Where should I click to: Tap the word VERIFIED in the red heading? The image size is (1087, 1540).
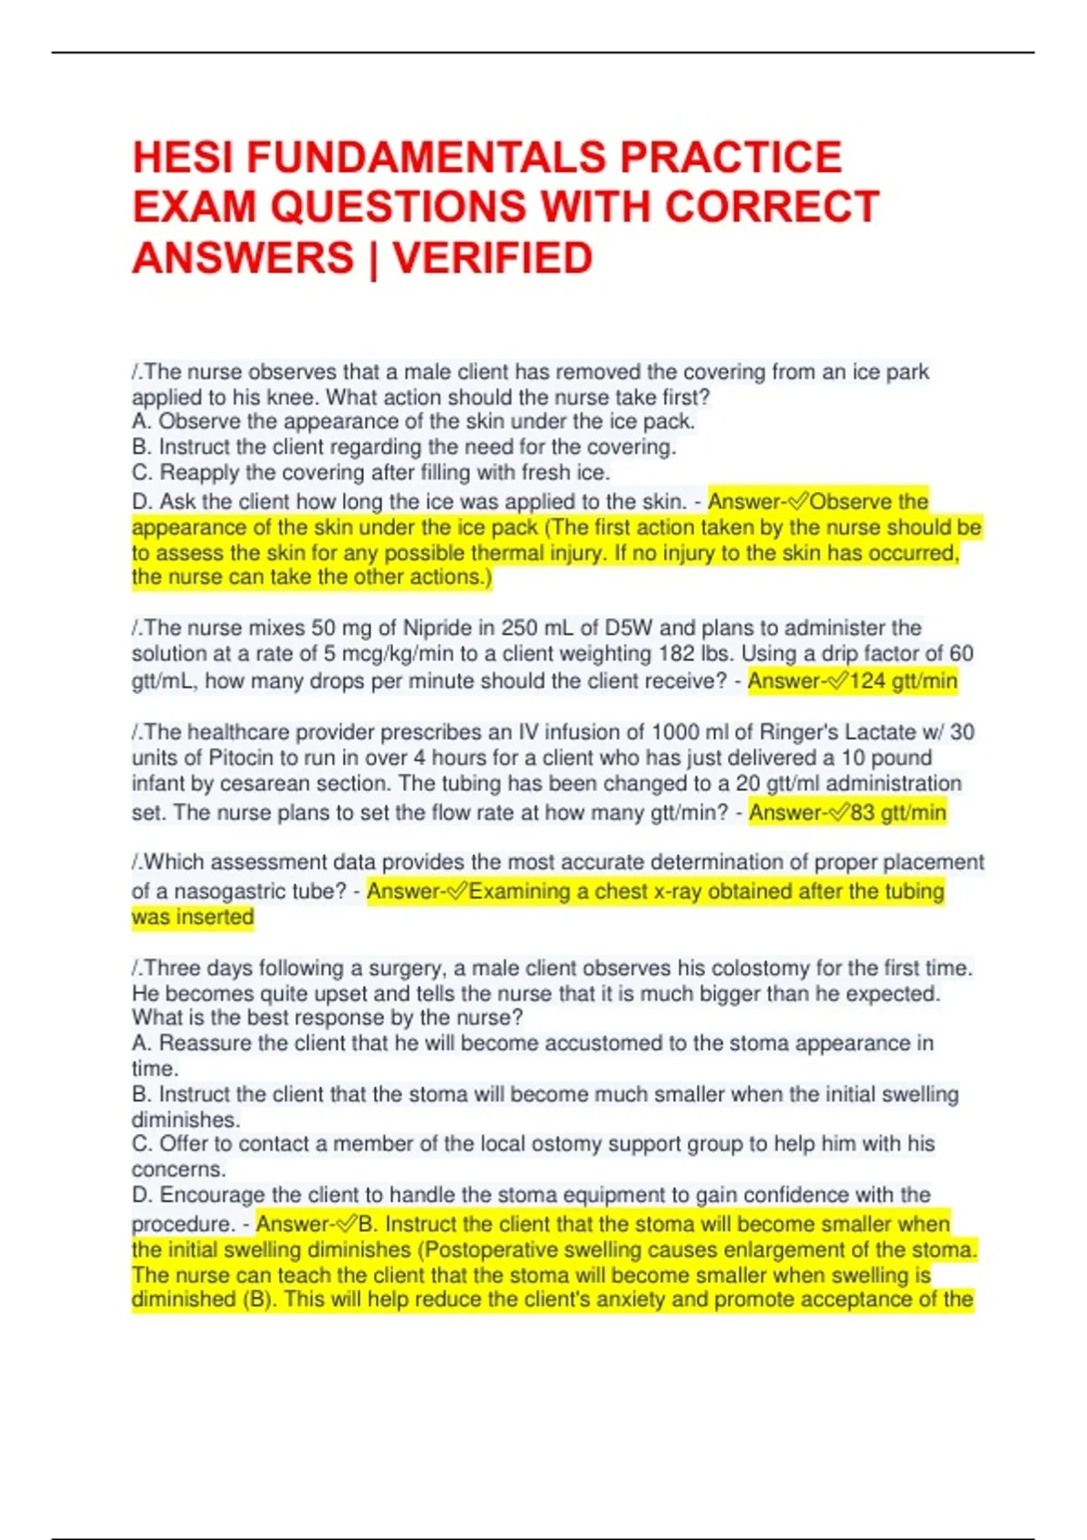pyautogui.click(x=493, y=258)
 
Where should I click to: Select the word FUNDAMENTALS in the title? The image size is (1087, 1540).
pyautogui.click(x=427, y=158)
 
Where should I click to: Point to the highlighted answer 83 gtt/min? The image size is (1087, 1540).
pyautogui.click(x=898, y=813)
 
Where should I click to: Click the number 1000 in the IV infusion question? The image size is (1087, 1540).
pyautogui.click(x=678, y=732)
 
